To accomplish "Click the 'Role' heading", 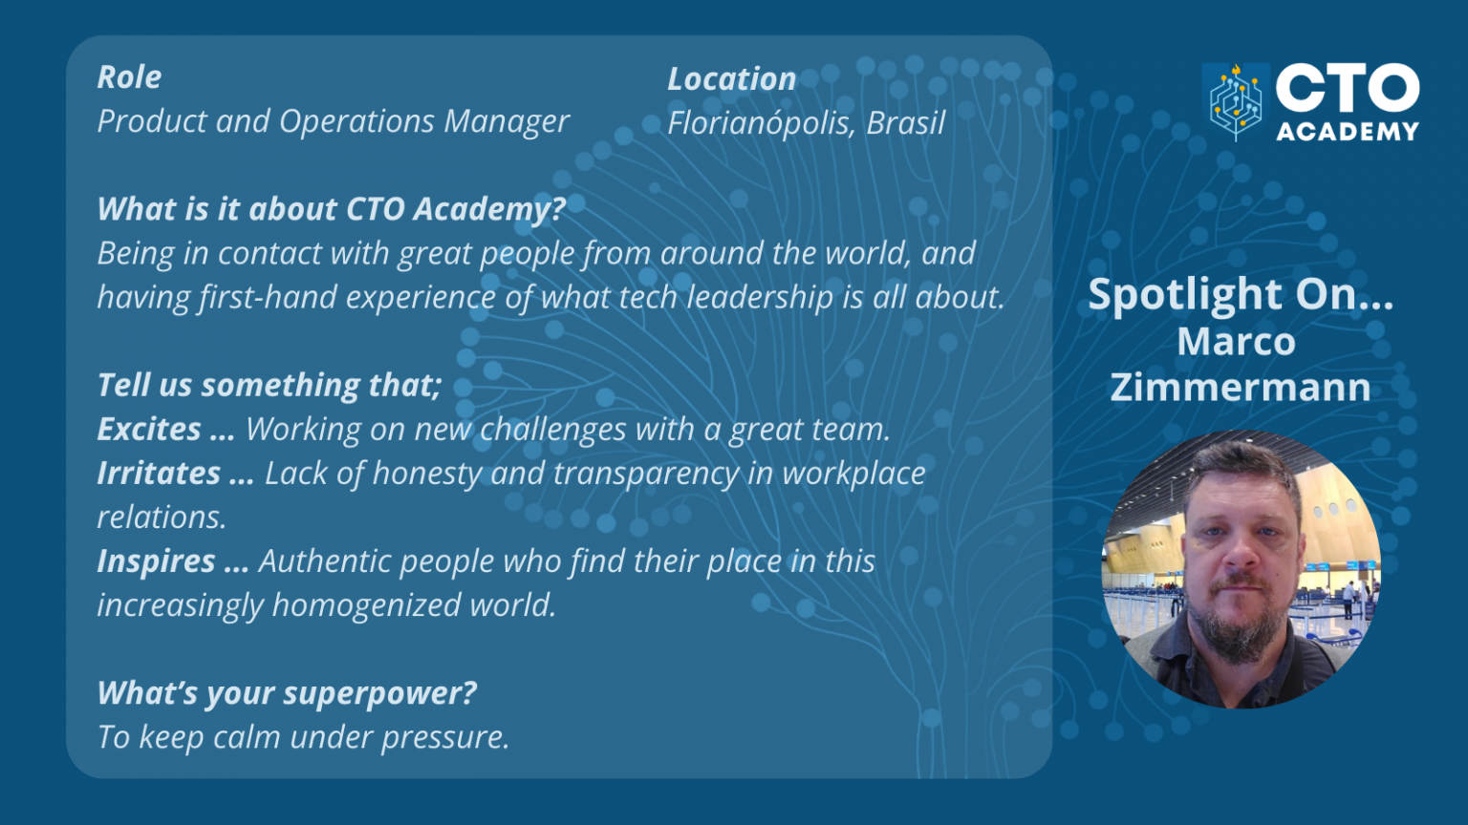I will [129, 77].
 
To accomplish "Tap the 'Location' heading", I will [731, 79].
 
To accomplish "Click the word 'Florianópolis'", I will [760, 124].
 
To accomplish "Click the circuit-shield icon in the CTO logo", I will [1235, 102].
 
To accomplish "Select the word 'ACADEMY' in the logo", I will [1348, 131].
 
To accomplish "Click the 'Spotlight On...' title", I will [1240, 294].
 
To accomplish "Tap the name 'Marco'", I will [1236, 342].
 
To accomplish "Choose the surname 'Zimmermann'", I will [1240, 388].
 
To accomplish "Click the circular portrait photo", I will [1241, 570].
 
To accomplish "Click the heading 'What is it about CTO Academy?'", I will [331, 209].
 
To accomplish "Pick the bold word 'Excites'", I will [149, 430].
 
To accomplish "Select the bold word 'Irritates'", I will [159, 474].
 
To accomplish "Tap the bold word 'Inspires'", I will [156, 561].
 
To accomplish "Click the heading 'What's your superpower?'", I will [287, 693].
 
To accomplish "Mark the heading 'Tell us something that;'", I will [270, 385].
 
